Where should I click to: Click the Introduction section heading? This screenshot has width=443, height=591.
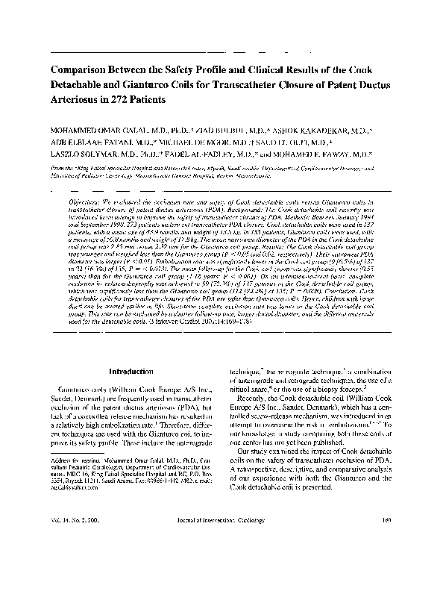[x=131, y=370]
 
